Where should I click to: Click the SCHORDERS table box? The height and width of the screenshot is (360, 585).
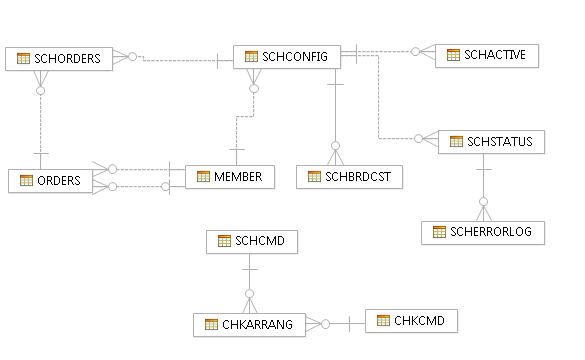click(x=59, y=59)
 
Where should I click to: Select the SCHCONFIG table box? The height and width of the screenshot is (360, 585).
click(x=287, y=57)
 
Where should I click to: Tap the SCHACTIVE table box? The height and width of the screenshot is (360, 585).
click(x=487, y=56)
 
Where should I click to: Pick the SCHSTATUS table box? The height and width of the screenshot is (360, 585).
click(x=491, y=142)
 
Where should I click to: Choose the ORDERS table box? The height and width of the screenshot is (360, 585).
click(x=50, y=181)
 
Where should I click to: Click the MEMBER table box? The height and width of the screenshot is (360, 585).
click(x=230, y=177)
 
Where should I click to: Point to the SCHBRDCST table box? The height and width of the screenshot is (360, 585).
click(x=349, y=177)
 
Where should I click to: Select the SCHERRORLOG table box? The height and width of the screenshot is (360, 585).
click(x=483, y=233)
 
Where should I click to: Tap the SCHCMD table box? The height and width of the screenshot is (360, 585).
click(x=252, y=242)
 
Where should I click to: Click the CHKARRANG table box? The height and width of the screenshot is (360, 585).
click(x=249, y=325)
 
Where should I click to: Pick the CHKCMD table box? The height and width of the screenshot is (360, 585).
click(x=411, y=321)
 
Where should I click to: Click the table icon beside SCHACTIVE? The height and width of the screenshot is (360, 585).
click(x=453, y=55)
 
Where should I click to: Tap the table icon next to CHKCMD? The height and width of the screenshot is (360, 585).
click(x=383, y=320)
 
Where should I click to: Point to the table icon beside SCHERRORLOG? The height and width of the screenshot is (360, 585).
click(x=439, y=232)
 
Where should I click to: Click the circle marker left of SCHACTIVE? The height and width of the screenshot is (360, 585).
click(x=415, y=52)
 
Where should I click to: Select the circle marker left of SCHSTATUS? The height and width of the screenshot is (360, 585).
click(x=419, y=139)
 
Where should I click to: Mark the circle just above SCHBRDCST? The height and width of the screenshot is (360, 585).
click(x=335, y=145)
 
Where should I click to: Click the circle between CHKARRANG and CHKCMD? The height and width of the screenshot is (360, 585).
click(x=325, y=324)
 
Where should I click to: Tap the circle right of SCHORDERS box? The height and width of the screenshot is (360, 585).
click(x=132, y=57)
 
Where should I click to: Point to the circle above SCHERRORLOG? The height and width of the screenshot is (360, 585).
click(x=484, y=202)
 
